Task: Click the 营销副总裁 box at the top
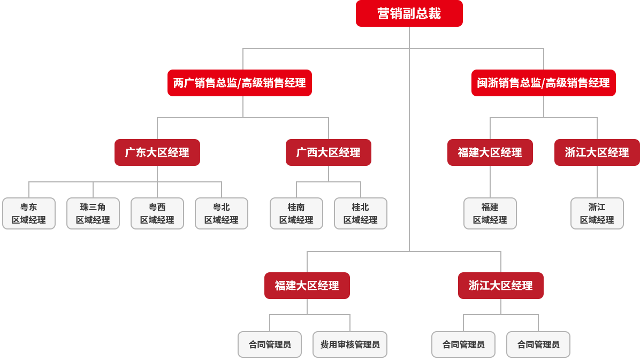(409, 14)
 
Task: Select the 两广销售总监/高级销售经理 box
(239, 83)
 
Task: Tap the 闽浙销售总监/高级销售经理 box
(543, 83)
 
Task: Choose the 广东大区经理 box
(157, 152)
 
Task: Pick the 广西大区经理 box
(328, 152)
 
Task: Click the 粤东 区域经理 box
(29, 213)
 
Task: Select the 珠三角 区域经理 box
(93, 213)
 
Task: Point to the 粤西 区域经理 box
(157, 213)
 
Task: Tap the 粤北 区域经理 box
(222, 213)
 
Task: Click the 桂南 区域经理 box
(296, 213)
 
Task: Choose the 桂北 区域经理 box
(361, 213)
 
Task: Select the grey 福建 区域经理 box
(490, 213)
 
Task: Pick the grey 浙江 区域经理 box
(597, 213)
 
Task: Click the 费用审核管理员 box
(350, 344)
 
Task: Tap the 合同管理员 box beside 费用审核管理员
(270, 344)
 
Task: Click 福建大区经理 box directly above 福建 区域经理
(490, 152)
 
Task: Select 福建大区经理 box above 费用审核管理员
(307, 286)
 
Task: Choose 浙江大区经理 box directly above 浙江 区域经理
(597, 152)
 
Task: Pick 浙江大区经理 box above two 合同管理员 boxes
(500, 286)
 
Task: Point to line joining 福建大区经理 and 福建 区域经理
(490, 182)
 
